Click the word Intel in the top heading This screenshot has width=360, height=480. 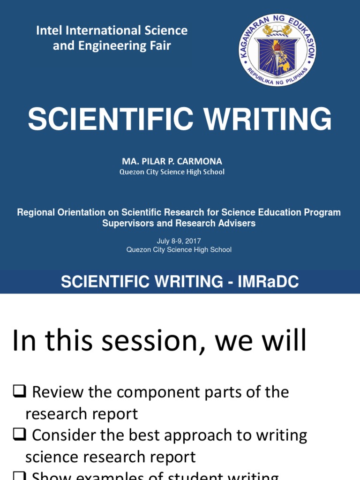coord(48,31)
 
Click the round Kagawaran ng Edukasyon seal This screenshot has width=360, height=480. coord(277,50)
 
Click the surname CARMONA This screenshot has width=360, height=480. coord(200,161)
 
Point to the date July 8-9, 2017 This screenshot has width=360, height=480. coord(179,241)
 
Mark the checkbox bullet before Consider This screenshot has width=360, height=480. coord(19,435)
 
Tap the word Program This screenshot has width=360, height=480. coord(318,212)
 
